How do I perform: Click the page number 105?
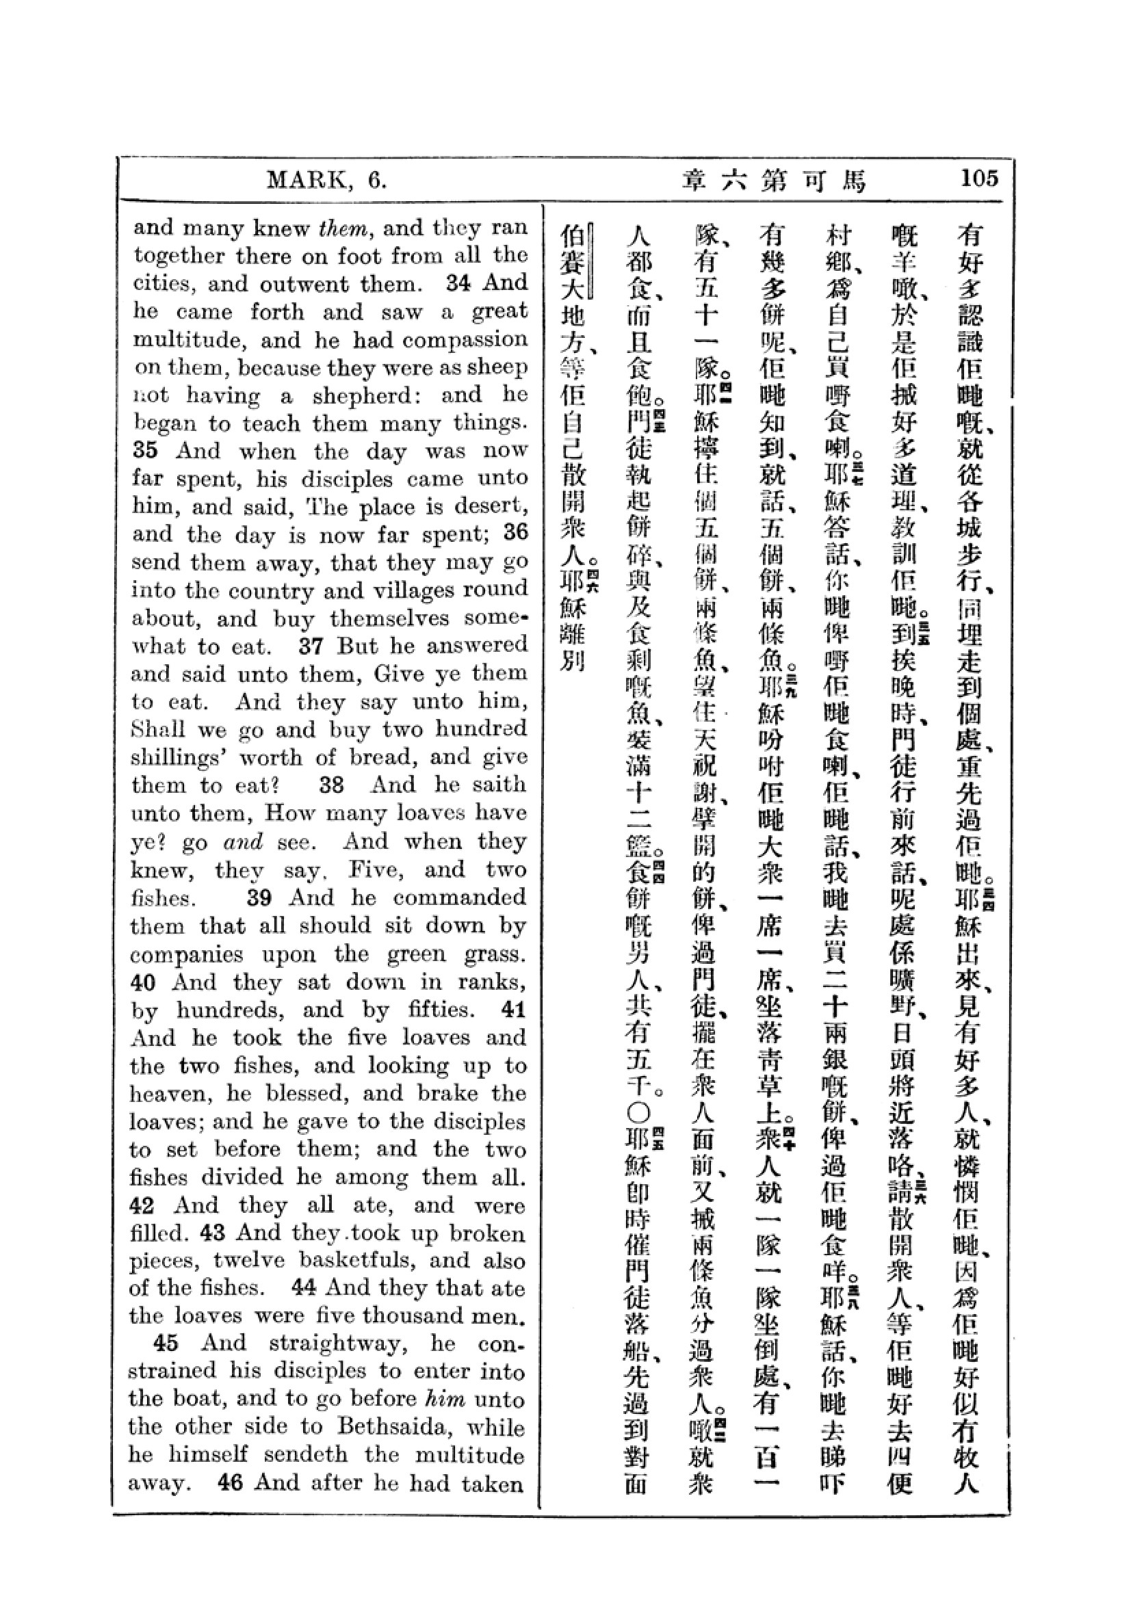979,179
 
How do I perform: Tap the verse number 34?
458,283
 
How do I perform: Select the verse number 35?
145,450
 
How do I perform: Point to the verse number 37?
311,645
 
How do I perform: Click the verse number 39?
259,897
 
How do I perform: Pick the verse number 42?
143,1205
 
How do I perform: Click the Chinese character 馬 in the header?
853,181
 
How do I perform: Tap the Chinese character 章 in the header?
694,181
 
